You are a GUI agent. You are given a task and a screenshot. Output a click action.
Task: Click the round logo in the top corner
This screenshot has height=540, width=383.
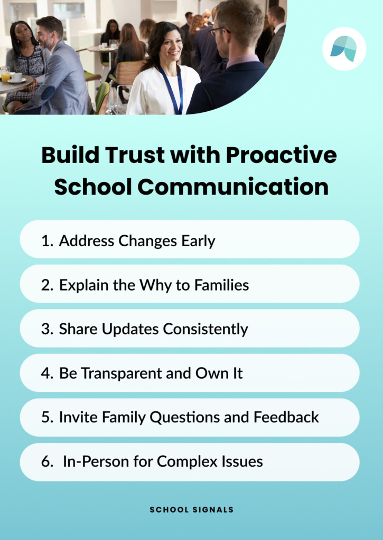[x=344, y=49]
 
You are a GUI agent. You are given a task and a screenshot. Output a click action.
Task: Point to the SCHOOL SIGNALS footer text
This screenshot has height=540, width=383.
[x=191, y=510]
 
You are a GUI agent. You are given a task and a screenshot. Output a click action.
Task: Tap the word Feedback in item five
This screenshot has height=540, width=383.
[x=286, y=417]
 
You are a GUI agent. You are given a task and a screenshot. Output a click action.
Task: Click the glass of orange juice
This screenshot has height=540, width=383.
[x=5, y=75]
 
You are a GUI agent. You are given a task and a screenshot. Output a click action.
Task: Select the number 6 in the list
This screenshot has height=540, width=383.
[x=45, y=462]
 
